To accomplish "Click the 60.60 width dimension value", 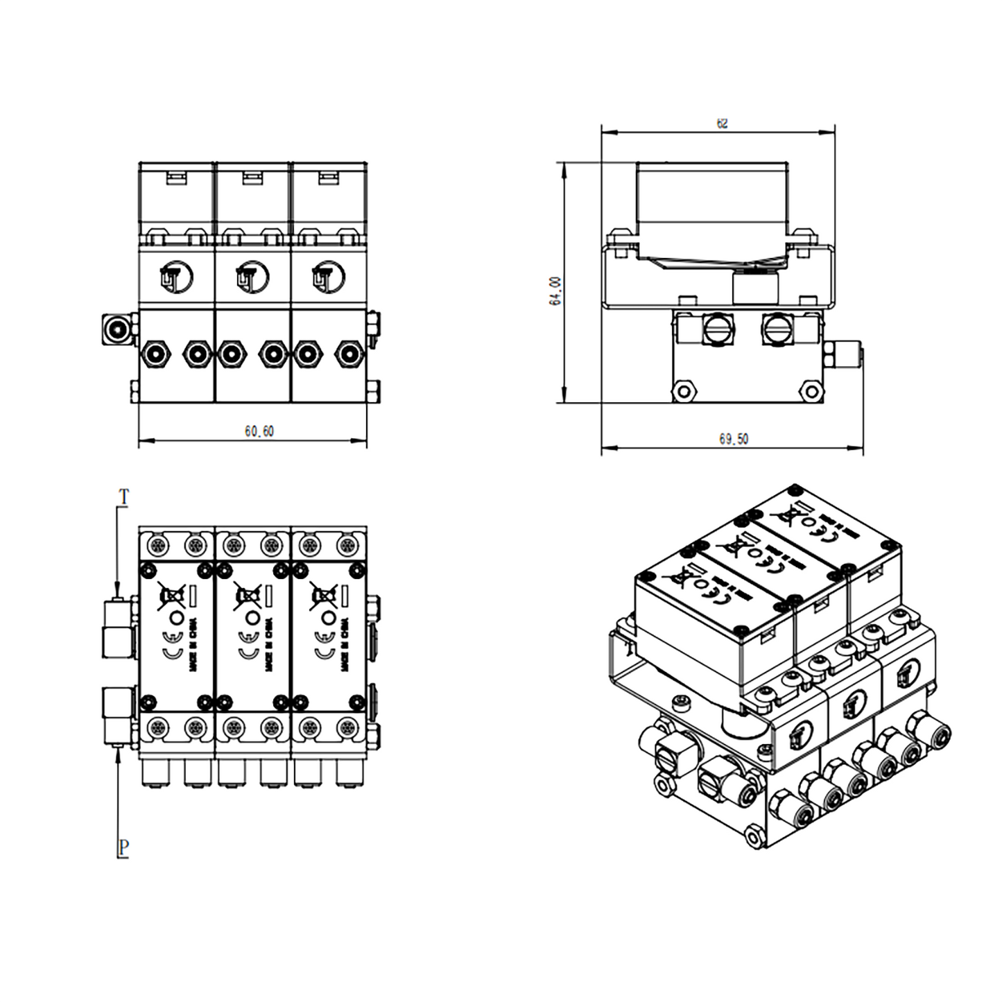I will click(259, 431).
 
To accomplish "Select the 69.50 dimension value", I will click(733, 439).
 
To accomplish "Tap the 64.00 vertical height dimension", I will click(555, 291).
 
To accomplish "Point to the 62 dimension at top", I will click(722, 124).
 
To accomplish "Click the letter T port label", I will click(123, 496).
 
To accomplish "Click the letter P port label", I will click(123, 847).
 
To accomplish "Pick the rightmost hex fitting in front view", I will click(349, 354).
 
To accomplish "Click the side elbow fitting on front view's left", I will click(116, 329).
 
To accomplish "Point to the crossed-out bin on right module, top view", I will click(324, 596).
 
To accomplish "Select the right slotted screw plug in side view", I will click(776, 329).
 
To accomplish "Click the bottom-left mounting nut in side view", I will click(684, 391).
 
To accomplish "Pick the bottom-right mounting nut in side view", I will click(810, 391).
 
